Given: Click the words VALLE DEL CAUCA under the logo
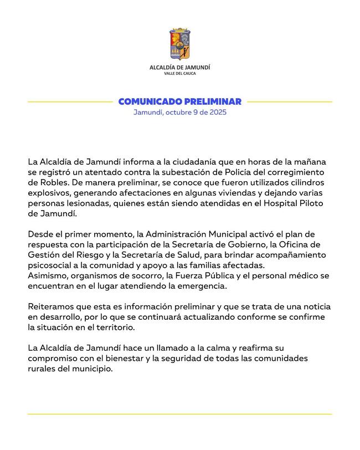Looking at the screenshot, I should [x=180, y=74].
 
